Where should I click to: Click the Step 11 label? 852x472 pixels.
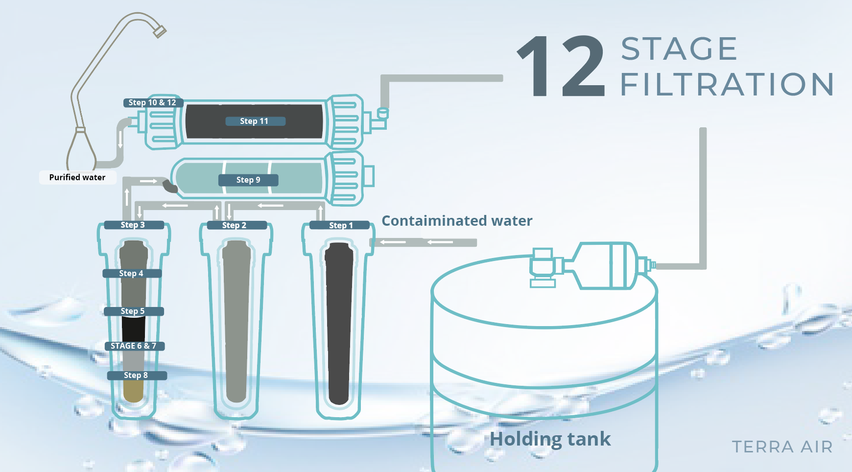click(x=255, y=121)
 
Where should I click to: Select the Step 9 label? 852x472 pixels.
click(x=248, y=180)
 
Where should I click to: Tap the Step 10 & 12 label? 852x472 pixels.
click(x=153, y=102)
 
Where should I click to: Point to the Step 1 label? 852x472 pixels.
click(x=341, y=225)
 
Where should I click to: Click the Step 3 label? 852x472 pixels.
click(x=134, y=225)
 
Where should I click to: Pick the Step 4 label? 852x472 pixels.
click(x=132, y=273)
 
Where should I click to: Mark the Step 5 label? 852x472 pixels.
click(x=134, y=311)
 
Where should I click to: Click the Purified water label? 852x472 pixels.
click(x=77, y=177)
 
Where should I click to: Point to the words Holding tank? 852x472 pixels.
click(x=550, y=439)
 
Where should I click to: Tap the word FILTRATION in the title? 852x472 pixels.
click(x=727, y=84)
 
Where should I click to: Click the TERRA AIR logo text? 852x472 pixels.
click(x=782, y=447)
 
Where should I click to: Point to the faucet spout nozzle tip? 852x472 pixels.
click(x=160, y=32)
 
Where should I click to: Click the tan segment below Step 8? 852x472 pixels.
click(x=133, y=391)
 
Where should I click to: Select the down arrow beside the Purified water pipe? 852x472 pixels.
click(x=120, y=140)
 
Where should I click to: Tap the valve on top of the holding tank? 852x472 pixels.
click(x=544, y=267)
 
